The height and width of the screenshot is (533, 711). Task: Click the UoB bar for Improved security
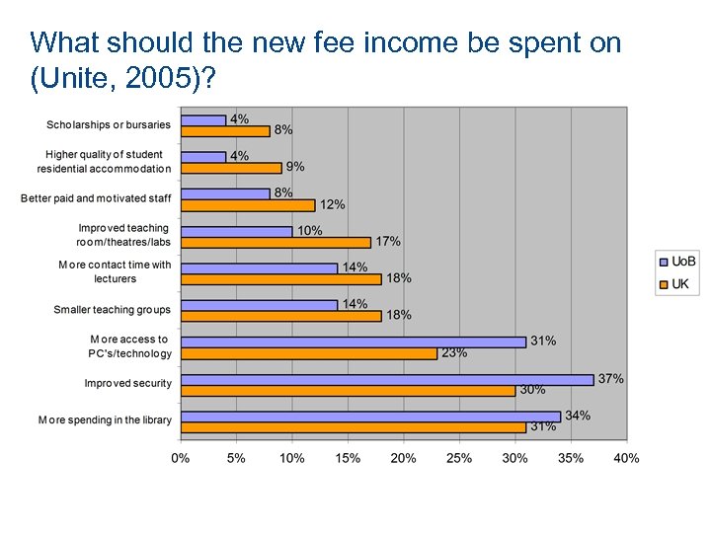click(387, 379)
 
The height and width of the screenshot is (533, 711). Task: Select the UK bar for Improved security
click(349, 390)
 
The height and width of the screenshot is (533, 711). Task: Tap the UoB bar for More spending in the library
click(371, 416)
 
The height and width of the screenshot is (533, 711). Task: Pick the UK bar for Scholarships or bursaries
click(226, 130)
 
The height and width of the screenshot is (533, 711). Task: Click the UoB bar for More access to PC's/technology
click(355, 342)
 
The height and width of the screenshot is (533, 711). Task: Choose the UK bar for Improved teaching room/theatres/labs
click(276, 242)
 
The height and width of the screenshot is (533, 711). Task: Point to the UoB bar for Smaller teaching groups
click(260, 304)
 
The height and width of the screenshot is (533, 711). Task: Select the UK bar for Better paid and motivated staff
click(249, 205)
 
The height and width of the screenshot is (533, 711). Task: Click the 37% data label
click(611, 379)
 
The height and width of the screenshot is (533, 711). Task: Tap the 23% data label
click(454, 352)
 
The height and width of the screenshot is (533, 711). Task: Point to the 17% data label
click(388, 242)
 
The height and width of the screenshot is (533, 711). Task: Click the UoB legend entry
click(676, 262)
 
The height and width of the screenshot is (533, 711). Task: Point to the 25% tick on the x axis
click(459, 457)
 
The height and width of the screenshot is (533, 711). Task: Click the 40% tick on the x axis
click(626, 457)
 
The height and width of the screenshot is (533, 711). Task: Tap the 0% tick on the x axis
click(181, 457)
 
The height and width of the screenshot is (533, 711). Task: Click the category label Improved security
click(127, 383)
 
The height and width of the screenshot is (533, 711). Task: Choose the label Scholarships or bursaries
click(109, 125)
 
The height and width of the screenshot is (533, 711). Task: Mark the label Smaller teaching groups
click(112, 310)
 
